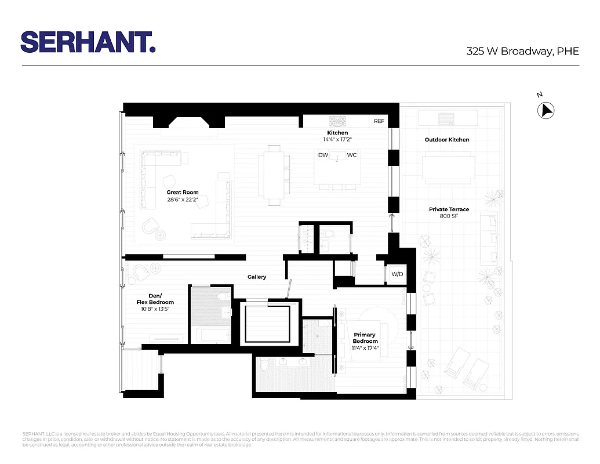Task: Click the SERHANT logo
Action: pyautogui.click(x=88, y=42)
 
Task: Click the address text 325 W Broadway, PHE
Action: pyautogui.click(x=522, y=51)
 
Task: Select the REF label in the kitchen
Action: pyautogui.click(x=379, y=121)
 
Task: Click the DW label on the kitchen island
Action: pyautogui.click(x=323, y=155)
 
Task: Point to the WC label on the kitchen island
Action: pyautogui.click(x=352, y=155)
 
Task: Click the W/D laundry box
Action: pyautogui.click(x=397, y=274)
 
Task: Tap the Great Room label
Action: pyautogui.click(x=183, y=193)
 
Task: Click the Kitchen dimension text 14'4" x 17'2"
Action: pyautogui.click(x=337, y=139)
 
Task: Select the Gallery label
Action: pyautogui.click(x=257, y=277)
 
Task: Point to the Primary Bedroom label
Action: pyautogui.click(x=365, y=338)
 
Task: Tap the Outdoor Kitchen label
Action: pyautogui.click(x=447, y=140)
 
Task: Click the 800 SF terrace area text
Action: pyautogui.click(x=449, y=217)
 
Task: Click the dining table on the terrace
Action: pyautogui.click(x=449, y=167)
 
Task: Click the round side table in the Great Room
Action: pyautogui.click(x=160, y=234)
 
